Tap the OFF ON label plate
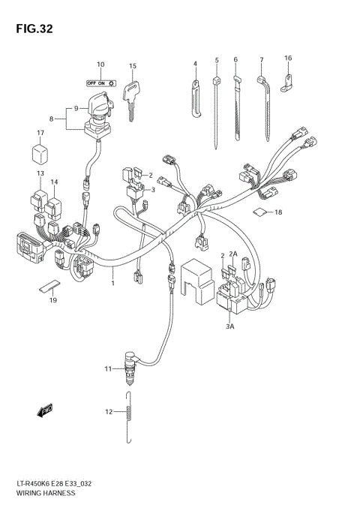click(100, 82)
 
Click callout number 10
click(100, 65)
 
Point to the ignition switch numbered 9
click(98, 110)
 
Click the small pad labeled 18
click(259, 212)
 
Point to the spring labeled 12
click(131, 412)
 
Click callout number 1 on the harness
click(113, 284)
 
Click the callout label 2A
click(233, 256)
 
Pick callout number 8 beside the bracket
click(52, 118)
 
